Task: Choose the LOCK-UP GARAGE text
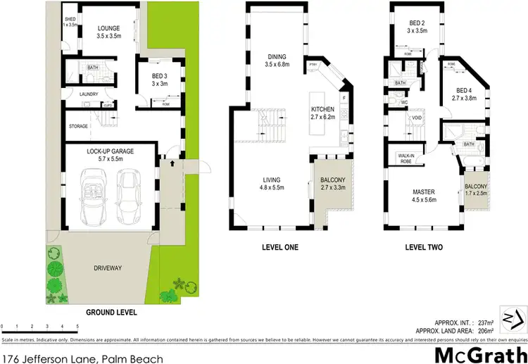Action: coord(111,151)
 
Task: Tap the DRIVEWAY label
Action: coord(108,268)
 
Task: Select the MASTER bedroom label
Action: coord(423,192)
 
